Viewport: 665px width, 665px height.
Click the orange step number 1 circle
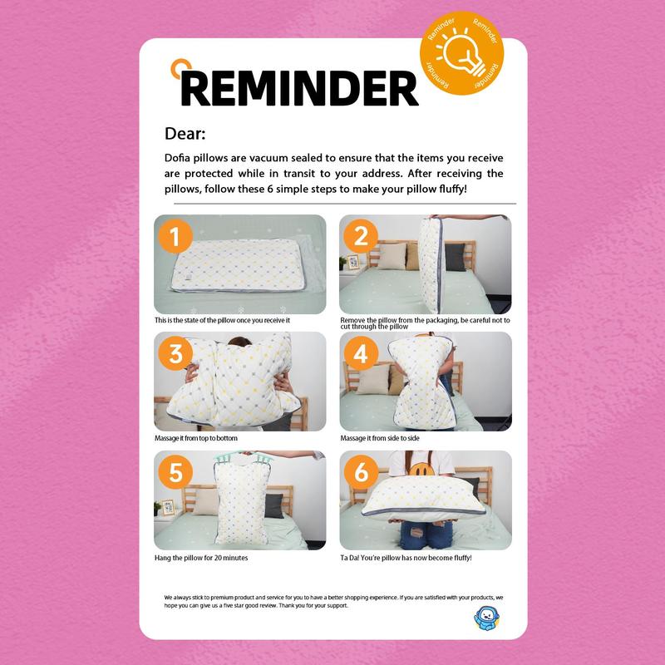[175, 236]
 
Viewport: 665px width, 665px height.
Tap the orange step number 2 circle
[361, 236]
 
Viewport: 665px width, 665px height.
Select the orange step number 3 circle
[175, 353]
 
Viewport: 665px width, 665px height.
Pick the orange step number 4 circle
[361, 353]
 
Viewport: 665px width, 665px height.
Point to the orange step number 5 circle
[175, 472]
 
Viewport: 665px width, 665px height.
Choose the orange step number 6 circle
[361, 472]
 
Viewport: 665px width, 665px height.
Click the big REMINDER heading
[299, 88]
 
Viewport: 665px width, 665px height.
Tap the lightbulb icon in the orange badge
[461, 53]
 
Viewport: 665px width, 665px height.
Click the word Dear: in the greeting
[185, 134]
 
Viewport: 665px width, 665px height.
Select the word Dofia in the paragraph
[177, 158]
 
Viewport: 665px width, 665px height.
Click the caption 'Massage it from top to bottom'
[196, 438]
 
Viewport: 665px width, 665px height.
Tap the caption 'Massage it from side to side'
[380, 438]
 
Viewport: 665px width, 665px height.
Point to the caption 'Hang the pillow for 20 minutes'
[201, 558]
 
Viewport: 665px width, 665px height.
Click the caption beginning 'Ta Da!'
[406, 558]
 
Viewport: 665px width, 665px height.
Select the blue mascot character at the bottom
[486, 618]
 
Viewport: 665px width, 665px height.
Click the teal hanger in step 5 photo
[243, 457]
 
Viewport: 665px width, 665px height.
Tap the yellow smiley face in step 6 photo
[421, 469]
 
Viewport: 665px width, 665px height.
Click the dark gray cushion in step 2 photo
[455, 257]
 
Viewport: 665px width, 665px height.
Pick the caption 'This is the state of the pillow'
[222, 320]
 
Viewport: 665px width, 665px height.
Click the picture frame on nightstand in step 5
[168, 507]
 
